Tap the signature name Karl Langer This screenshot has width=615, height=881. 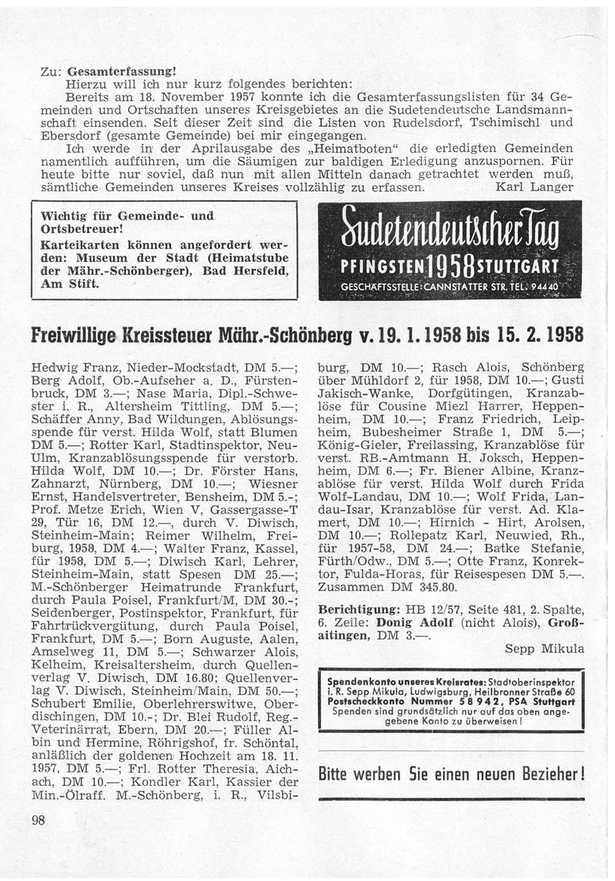[x=534, y=187]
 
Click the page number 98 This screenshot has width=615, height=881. [x=38, y=820]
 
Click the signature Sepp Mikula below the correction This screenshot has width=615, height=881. [x=544, y=649]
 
